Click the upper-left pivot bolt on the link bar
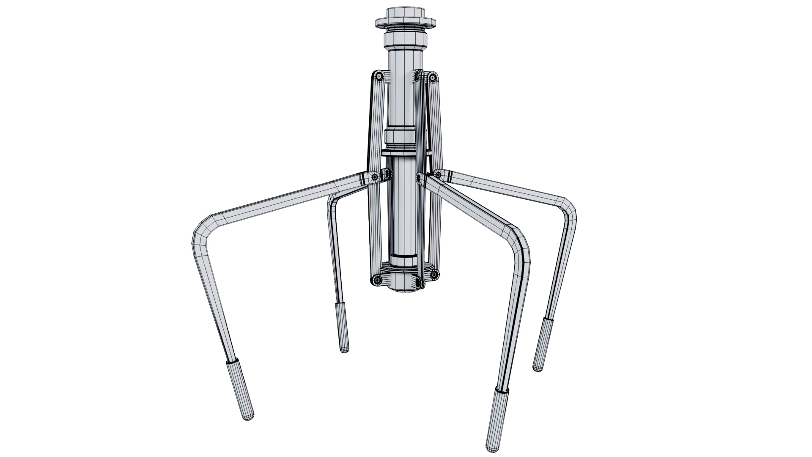click(x=379, y=77)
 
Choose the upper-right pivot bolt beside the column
click(x=433, y=77)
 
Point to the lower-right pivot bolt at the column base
click(x=434, y=275)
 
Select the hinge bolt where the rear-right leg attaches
click(x=439, y=174)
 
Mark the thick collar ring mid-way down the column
click(x=401, y=137)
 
